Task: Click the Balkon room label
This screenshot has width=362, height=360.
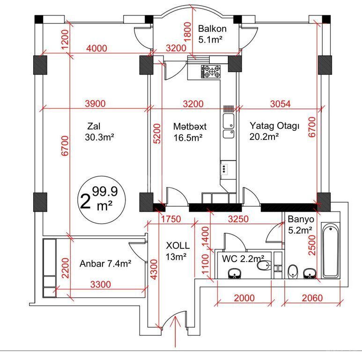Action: (x=212, y=29)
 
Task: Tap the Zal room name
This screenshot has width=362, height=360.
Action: (x=94, y=127)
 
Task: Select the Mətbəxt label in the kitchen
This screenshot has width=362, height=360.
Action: (x=190, y=127)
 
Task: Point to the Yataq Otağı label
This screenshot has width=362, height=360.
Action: (x=274, y=126)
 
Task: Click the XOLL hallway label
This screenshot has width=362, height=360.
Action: (x=178, y=246)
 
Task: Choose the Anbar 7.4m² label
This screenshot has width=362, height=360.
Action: (x=105, y=263)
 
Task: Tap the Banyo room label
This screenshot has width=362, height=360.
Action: (x=301, y=219)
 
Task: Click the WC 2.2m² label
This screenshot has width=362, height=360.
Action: (x=244, y=259)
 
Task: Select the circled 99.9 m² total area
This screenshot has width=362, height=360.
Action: (x=101, y=199)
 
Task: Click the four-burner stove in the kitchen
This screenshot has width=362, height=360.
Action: (x=211, y=71)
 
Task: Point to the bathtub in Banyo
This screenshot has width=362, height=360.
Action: (x=331, y=250)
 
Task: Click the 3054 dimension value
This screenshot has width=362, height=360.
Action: (x=280, y=104)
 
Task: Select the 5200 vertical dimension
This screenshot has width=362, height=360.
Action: (x=157, y=134)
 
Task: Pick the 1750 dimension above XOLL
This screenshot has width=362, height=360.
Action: (x=171, y=219)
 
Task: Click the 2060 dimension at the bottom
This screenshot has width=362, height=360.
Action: (x=312, y=298)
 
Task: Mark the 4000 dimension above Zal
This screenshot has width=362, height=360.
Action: (x=96, y=48)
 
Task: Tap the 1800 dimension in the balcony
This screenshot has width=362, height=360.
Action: (x=188, y=32)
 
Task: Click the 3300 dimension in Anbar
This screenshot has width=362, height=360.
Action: (x=100, y=285)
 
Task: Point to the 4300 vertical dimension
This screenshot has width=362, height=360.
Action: (x=154, y=270)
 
